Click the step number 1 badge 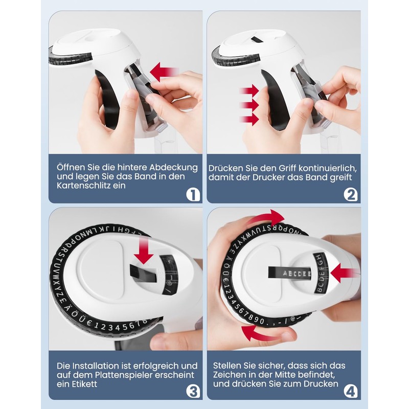click(193, 195)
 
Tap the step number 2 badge click(351, 195)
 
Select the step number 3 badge click(193, 392)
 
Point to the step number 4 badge click(351, 392)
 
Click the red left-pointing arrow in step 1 click(164, 72)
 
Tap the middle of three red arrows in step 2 click(249, 105)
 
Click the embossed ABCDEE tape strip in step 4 click(289, 273)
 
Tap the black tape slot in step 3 click(143, 274)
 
